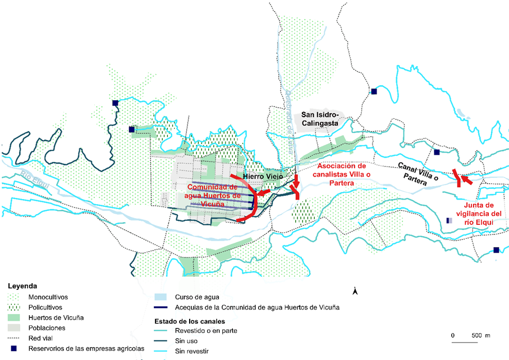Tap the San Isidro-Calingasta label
coord(322,118)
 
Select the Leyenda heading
coord(22,286)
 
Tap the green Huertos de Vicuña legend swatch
coord(16,317)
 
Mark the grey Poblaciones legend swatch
coord(16,328)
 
